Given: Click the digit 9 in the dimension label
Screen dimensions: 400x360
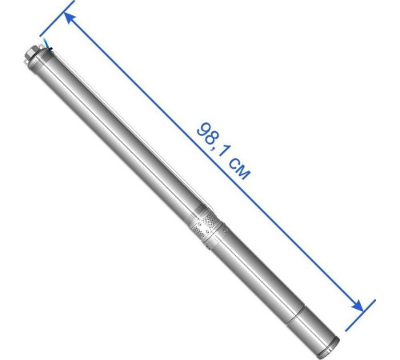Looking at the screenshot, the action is [x=202, y=130].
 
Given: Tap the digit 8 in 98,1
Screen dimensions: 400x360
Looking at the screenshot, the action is [x=211, y=138].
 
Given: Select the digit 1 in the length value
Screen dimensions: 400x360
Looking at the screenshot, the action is [x=223, y=151].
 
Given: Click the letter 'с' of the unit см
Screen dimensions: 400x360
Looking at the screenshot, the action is [x=234, y=162].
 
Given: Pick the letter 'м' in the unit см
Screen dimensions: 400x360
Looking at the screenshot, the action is [x=244, y=172].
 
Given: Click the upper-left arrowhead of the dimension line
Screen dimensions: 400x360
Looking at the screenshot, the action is [x=70, y=18].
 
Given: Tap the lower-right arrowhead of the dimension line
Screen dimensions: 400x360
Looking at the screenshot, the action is [x=358, y=306].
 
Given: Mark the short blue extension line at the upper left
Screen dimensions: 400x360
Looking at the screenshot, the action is [x=57, y=18].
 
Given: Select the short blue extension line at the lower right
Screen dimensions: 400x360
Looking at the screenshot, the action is [x=360, y=315].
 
